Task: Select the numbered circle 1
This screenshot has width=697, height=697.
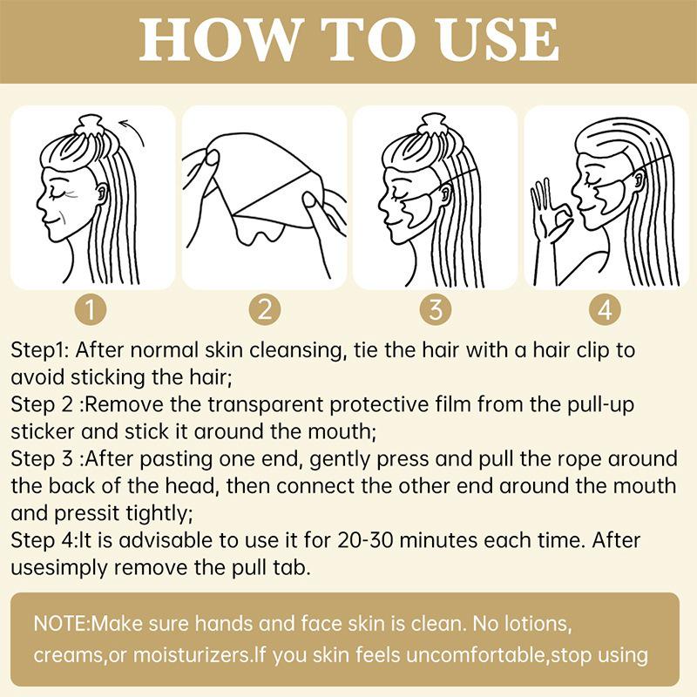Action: click(91, 309)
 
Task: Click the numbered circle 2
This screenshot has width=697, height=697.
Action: click(265, 309)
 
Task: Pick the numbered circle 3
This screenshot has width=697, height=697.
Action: click(436, 309)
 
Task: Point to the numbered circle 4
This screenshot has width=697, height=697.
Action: click(605, 309)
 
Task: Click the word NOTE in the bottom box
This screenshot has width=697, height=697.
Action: click(60, 623)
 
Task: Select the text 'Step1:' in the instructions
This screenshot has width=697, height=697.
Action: click(39, 351)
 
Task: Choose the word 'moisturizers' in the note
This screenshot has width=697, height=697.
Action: click(191, 655)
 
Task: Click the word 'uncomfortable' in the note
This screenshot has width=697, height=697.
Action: click(476, 655)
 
